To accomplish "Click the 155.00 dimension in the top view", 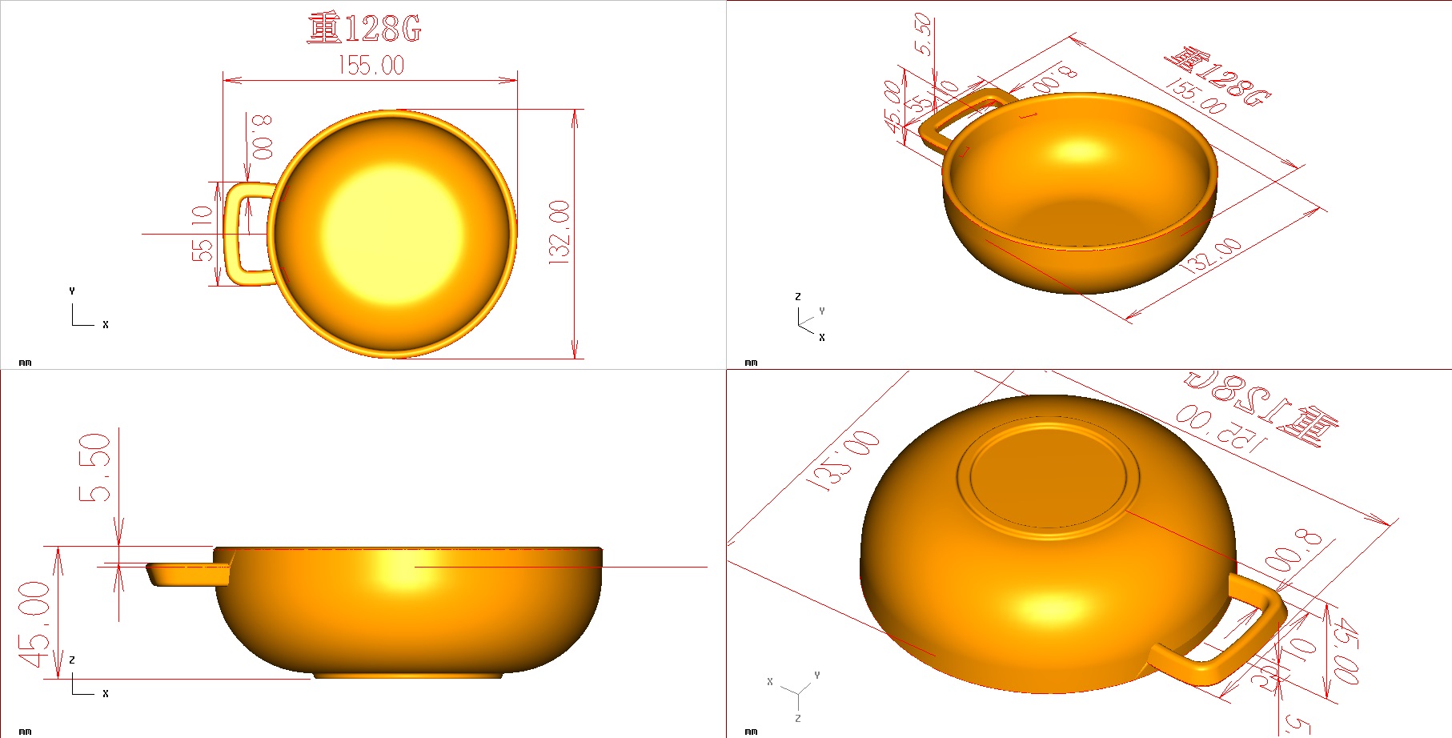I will click(371, 65).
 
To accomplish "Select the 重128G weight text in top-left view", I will click(364, 29).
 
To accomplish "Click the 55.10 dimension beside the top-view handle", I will click(203, 233).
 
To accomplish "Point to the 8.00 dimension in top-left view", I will click(262, 137).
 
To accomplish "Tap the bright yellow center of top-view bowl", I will click(392, 235).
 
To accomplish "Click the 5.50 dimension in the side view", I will click(94, 467).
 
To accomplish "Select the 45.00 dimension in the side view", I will click(36, 624).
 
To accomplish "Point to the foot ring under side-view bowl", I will click(408, 676).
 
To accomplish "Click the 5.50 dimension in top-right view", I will click(923, 34).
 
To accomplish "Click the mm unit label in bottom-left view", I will click(25, 731).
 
